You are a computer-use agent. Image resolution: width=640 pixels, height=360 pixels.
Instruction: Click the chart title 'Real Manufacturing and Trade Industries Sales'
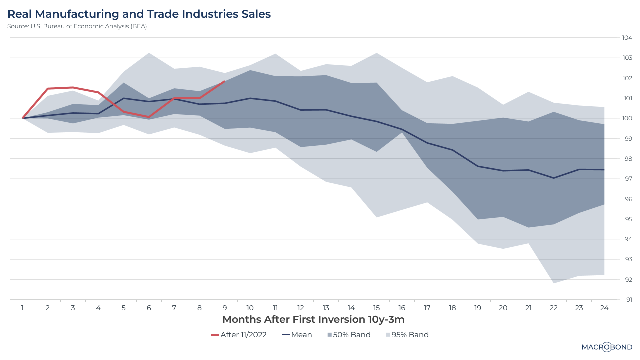pos(139,14)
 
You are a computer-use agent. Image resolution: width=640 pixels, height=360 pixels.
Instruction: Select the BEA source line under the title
pos(77,26)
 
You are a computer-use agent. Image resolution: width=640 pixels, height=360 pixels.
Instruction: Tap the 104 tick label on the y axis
pos(627,38)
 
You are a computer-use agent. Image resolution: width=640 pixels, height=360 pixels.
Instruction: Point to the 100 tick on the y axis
pos(627,118)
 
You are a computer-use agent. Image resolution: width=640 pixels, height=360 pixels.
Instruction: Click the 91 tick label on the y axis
pos(627,300)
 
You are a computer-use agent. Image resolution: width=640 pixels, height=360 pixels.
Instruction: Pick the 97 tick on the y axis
pos(627,179)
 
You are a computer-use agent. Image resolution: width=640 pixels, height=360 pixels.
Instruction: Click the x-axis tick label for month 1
pos(23,308)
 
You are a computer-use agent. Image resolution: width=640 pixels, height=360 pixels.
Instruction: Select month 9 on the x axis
pos(225,308)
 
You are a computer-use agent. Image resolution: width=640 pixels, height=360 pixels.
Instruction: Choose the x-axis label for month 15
pos(377,308)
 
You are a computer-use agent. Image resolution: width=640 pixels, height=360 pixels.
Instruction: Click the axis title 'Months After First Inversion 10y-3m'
pos(313,319)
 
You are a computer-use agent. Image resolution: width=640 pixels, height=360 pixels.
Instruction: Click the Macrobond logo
pos(607,347)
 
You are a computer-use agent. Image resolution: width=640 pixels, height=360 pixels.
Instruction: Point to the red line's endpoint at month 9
pos(225,81)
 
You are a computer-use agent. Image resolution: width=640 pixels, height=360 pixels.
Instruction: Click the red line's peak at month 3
pos(73,87)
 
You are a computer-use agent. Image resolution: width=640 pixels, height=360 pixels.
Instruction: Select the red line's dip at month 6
pos(149,117)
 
